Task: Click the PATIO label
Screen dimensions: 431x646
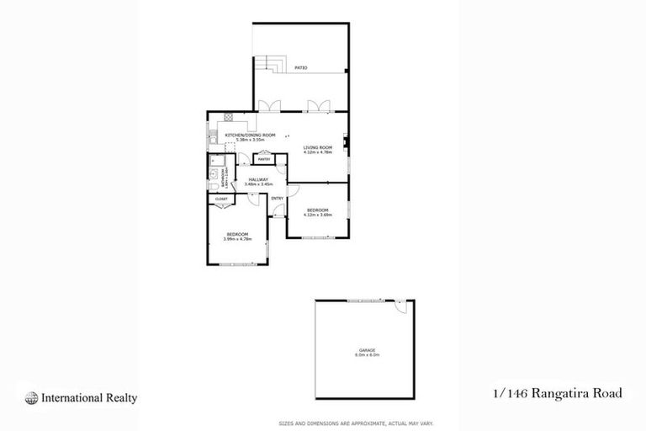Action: tap(300, 67)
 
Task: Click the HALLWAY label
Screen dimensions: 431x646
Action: tap(257, 178)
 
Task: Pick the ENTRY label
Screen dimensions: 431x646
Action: tap(277, 198)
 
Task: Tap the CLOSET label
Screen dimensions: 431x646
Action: tap(222, 200)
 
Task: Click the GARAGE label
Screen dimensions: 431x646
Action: tap(366, 349)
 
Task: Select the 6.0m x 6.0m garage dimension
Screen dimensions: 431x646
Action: tap(366, 354)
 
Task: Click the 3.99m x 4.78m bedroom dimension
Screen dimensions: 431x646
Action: tap(238, 239)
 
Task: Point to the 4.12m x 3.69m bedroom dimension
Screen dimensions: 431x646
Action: tap(317, 214)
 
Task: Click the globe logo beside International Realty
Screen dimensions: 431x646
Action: tap(31, 398)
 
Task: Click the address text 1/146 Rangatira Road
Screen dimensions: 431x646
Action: tap(557, 394)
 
